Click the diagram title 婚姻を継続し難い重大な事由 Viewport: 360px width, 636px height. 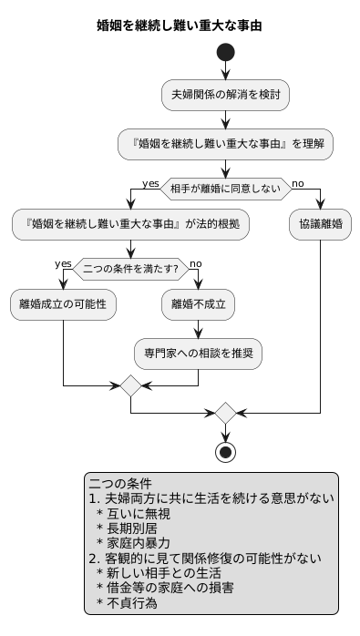point(180,26)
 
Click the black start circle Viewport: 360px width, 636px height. point(225,54)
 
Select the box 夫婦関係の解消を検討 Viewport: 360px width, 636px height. point(225,95)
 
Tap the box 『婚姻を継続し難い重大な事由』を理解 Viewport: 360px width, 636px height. point(225,143)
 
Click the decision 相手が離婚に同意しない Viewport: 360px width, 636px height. point(225,189)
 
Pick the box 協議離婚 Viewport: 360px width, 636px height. point(320,225)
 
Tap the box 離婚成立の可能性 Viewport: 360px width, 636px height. point(63,305)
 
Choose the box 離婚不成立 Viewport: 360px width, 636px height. point(199,305)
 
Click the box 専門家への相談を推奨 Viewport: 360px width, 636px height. point(199,352)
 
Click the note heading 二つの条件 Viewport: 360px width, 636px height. point(120,484)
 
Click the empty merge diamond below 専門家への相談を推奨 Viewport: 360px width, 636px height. point(133,387)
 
